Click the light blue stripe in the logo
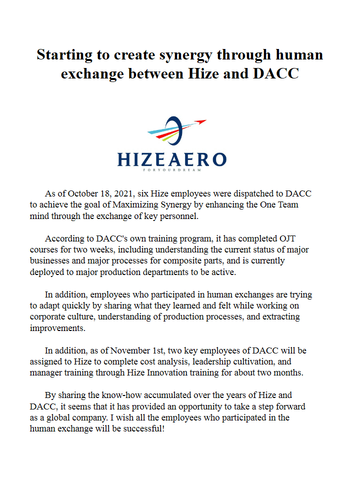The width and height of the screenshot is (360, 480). (x=160, y=132)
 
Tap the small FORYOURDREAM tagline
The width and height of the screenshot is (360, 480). (x=172, y=170)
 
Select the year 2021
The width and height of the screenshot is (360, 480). (x=124, y=194)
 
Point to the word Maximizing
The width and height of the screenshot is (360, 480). (x=136, y=205)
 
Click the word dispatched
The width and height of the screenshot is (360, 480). (x=248, y=194)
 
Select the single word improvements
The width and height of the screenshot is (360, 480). (x=57, y=328)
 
